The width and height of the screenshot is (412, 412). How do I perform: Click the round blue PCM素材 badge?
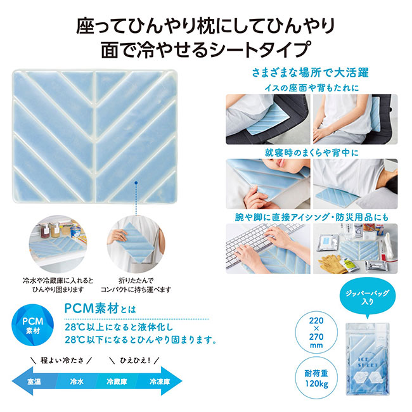point(32,325)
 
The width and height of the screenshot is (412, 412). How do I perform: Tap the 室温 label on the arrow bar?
point(34,381)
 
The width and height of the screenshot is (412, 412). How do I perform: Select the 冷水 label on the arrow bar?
point(77,381)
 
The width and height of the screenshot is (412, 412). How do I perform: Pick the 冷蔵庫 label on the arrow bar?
point(117,381)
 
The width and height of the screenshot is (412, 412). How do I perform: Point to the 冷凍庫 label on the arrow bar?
point(160,381)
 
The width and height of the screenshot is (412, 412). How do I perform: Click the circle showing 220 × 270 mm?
point(316,333)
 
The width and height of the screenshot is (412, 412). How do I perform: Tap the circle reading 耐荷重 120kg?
point(316,378)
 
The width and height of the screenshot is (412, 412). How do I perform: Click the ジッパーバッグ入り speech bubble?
point(368,297)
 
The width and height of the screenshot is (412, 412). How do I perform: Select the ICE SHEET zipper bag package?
point(368,359)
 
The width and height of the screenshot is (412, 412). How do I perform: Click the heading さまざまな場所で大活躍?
point(311,72)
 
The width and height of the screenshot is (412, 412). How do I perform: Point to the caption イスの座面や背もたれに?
point(312,87)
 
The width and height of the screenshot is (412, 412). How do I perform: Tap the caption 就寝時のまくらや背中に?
point(312,153)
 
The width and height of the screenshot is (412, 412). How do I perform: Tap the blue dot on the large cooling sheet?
point(136,183)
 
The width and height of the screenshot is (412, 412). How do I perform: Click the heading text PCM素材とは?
point(100,309)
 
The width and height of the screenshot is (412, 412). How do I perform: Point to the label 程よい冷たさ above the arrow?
point(62,360)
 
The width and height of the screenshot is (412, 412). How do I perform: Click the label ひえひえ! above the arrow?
point(135,360)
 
